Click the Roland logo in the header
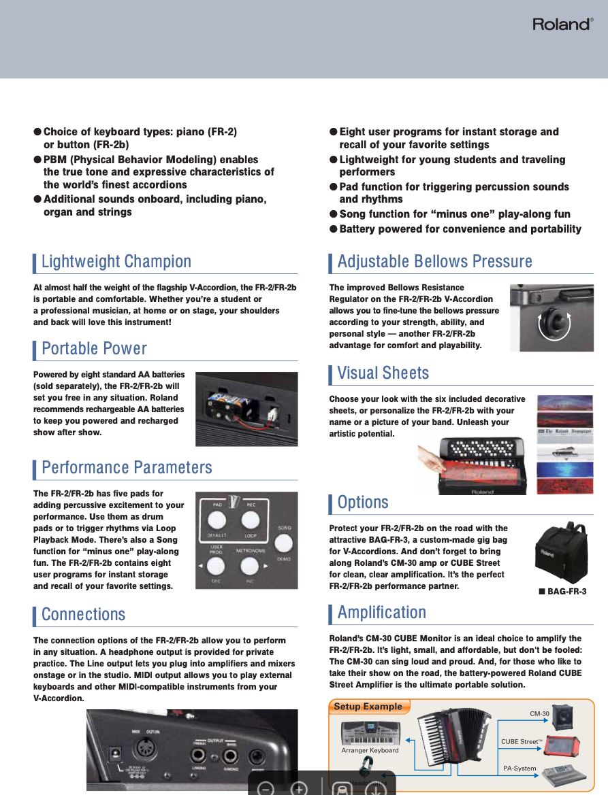click(562, 24)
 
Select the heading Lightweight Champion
click(116, 262)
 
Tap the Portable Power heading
click(94, 349)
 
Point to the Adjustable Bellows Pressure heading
click(434, 262)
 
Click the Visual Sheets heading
click(383, 373)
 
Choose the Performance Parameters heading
click(127, 468)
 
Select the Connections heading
click(83, 615)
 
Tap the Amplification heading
click(381, 613)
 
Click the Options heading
click(363, 503)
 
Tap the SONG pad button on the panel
click(284, 543)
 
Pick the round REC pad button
click(251, 520)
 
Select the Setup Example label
click(368, 707)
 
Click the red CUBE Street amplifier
click(562, 745)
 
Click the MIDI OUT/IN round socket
click(144, 751)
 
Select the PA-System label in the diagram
click(519, 768)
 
